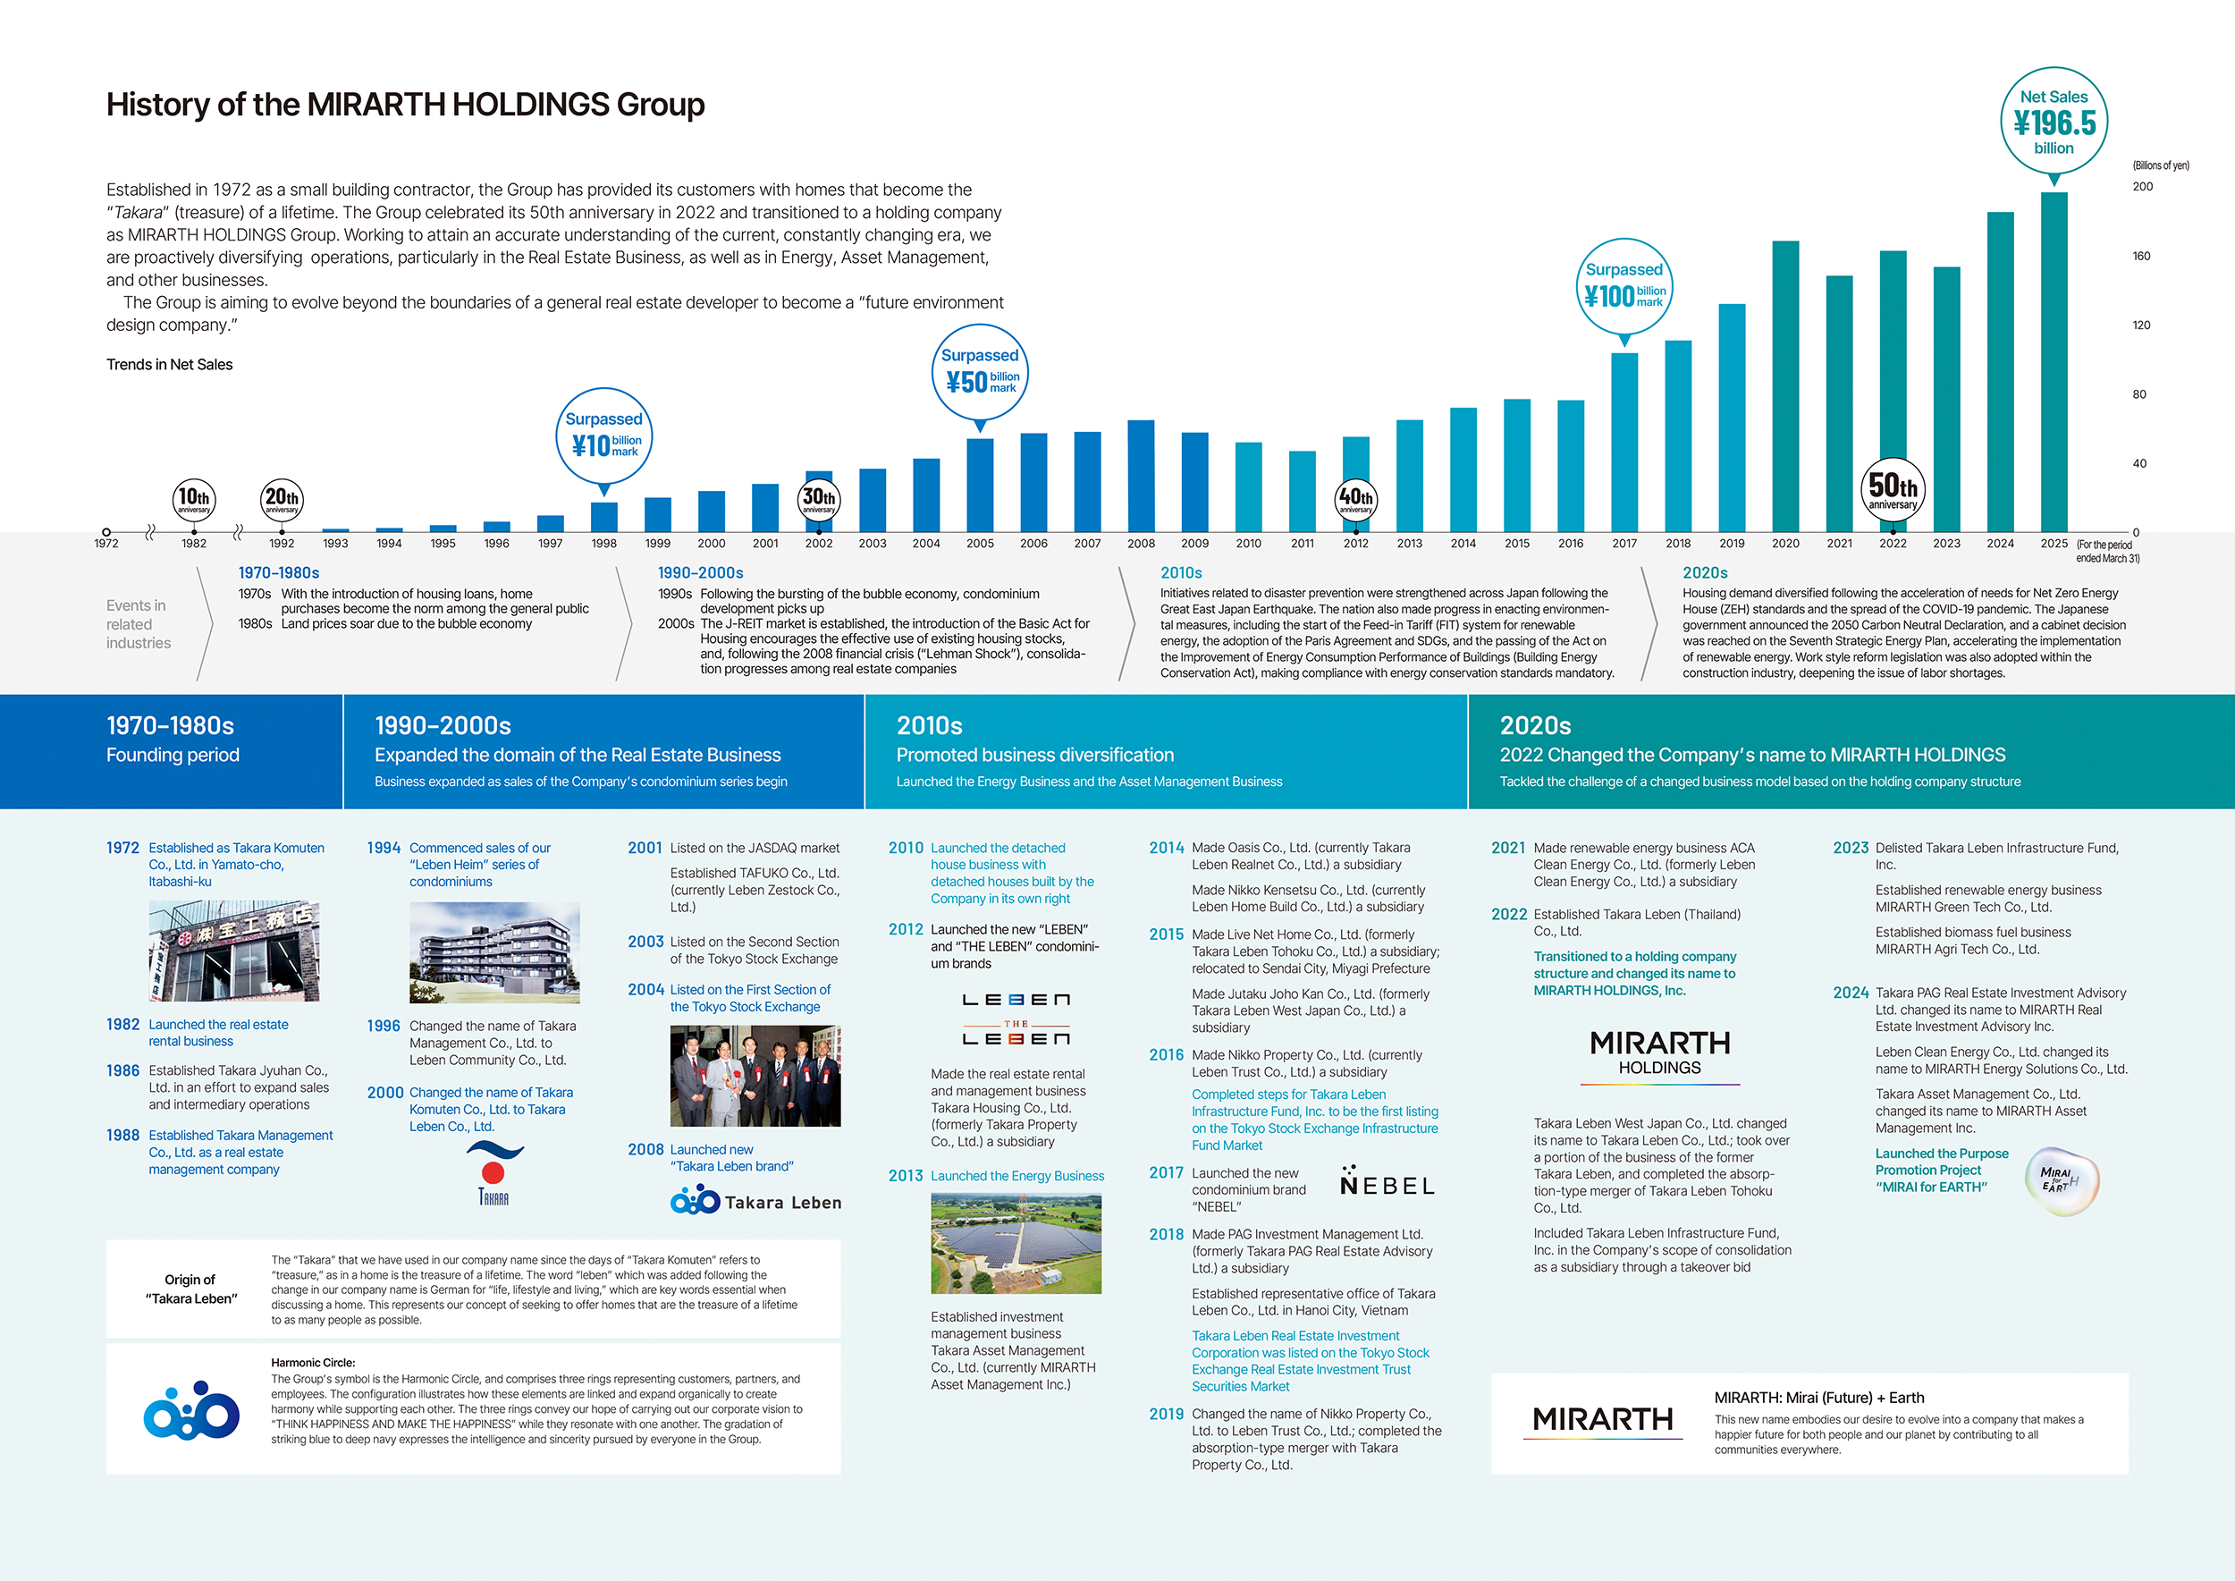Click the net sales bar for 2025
2053,362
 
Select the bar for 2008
1141,476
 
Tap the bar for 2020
1785,386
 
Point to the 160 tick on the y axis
2141,256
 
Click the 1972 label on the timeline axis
106,543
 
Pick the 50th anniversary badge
1893,489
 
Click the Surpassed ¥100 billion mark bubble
1624,286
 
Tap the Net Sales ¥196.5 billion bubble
2054,122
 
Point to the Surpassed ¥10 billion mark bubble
603,435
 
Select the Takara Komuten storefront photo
233,951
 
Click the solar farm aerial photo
1016,1244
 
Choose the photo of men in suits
755,1076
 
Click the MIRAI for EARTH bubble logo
2061,1181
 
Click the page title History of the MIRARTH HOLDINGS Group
405,104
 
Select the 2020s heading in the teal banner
1535,725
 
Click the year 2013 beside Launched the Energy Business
906,1176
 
